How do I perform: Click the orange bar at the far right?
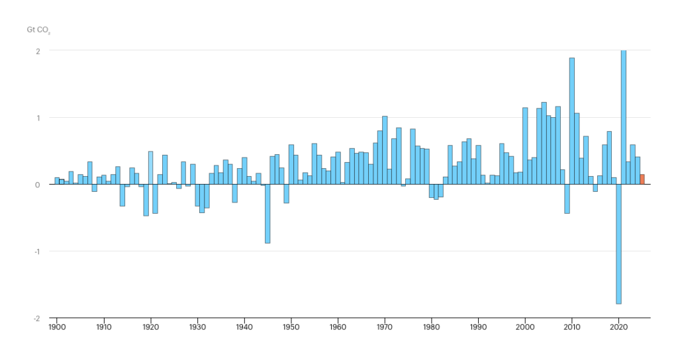642,179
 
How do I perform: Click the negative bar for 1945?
267,214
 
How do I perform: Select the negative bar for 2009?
567,199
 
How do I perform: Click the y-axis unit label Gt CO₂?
38,30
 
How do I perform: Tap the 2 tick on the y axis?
38,51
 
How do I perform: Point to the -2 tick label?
37,318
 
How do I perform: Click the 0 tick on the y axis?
38,185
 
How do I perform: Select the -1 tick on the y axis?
37,251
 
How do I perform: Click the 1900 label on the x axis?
56,327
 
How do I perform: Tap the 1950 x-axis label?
291,327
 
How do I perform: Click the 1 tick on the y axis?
38,118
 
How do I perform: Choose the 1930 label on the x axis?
197,327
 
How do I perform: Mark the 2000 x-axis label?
525,327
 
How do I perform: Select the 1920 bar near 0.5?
150,168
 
